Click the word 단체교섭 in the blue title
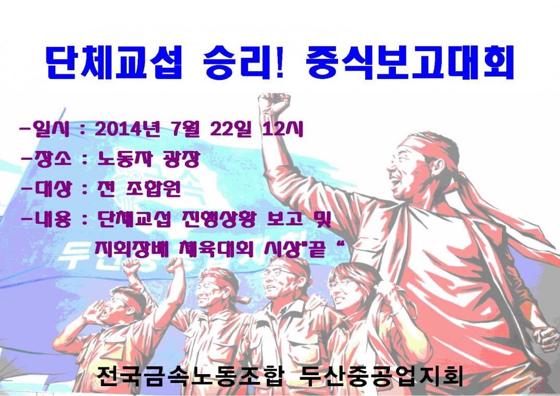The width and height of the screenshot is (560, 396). (x=114, y=62)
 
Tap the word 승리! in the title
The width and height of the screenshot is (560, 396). (x=244, y=62)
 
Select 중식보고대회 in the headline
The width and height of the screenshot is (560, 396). (x=410, y=62)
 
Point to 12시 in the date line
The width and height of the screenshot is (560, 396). (x=282, y=129)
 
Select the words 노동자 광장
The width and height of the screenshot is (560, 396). (x=148, y=159)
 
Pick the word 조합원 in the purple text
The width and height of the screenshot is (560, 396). (x=154, y=189)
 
